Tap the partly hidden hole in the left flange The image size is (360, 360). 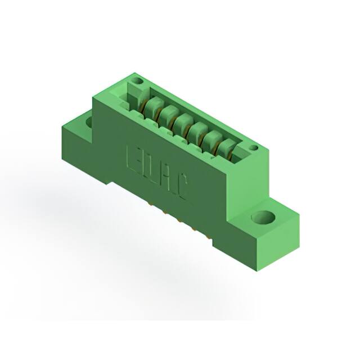[x=88, y=121]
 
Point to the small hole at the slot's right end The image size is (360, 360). [x=254, y=148]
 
